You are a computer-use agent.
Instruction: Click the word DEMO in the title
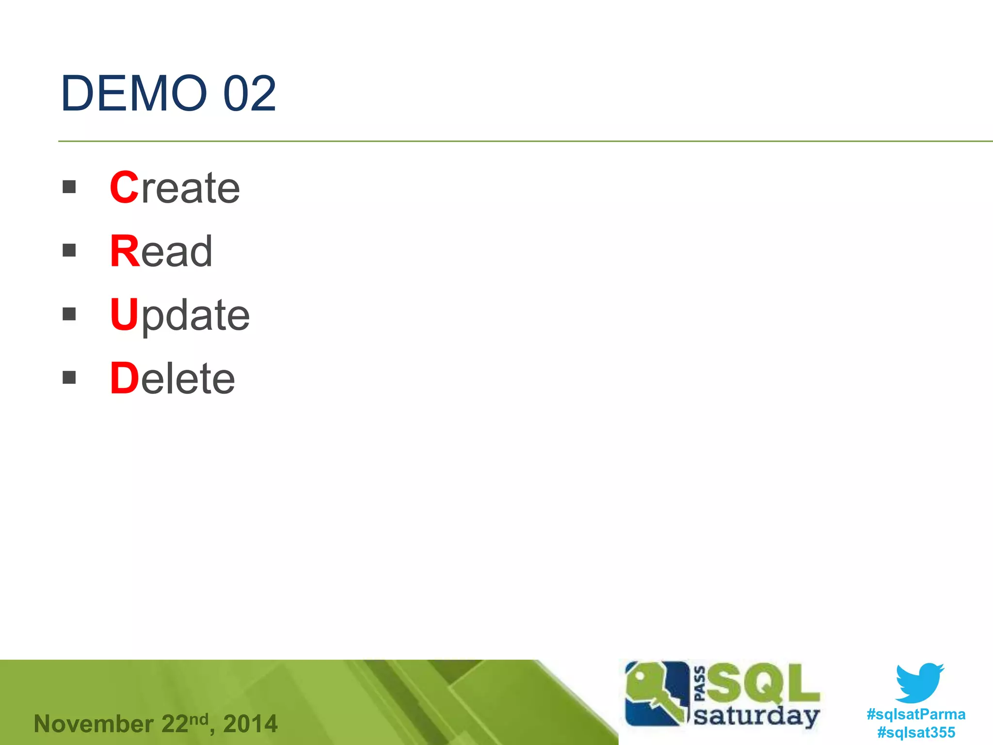coord(134,93)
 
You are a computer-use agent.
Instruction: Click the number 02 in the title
coord(249,93)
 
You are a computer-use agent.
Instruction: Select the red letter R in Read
coord(125,251)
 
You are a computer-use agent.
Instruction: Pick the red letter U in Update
coord(125,314)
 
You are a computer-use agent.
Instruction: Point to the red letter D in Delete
coord(125,378)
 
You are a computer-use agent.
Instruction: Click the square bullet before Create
coord(69,187)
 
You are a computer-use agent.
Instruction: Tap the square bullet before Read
coord(69,250)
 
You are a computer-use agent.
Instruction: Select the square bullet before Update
coord(69,314)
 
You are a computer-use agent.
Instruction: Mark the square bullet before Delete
coord(69,377)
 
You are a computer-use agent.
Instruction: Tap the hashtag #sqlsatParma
coord(916,714)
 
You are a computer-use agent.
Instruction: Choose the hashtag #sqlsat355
coord(916,732)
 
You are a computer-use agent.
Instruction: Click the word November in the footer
coord(94,724)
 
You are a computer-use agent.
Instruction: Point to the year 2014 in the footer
coord(250,724)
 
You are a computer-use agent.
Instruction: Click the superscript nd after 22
coord(199,718)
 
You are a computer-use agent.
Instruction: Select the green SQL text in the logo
coord(763,683)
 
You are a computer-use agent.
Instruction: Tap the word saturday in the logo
coord(756,716)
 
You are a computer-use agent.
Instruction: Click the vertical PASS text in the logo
coord(700,684)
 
